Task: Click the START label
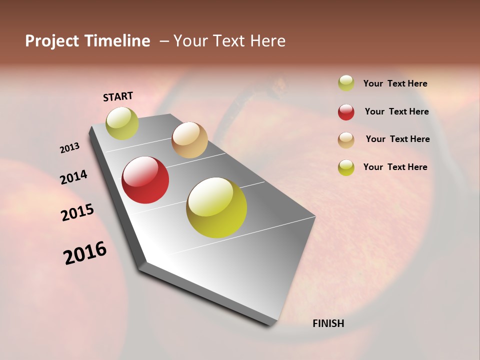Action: (x=118, y=96)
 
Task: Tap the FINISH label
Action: (x=328, y=323)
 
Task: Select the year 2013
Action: (x=69, y=148)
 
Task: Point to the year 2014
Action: (x=73, y=177)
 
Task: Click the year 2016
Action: (x=85, y=253)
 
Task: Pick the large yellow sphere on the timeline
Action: (x=216, y=207)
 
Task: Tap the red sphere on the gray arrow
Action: (x=145, y=180)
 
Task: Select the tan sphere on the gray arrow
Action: (x=189, y=140)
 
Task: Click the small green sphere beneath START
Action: (x=122, y=123)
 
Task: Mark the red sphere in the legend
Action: (x=346, y=112)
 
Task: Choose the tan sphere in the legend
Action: (x=346, y=140)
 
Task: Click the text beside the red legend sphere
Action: (x=397, y=111)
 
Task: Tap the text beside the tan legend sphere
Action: (x=397, y=139)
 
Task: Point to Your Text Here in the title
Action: (x=229, y=41)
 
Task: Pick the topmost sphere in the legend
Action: (x=346, y=83)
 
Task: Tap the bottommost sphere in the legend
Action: (x=346, y=167)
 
